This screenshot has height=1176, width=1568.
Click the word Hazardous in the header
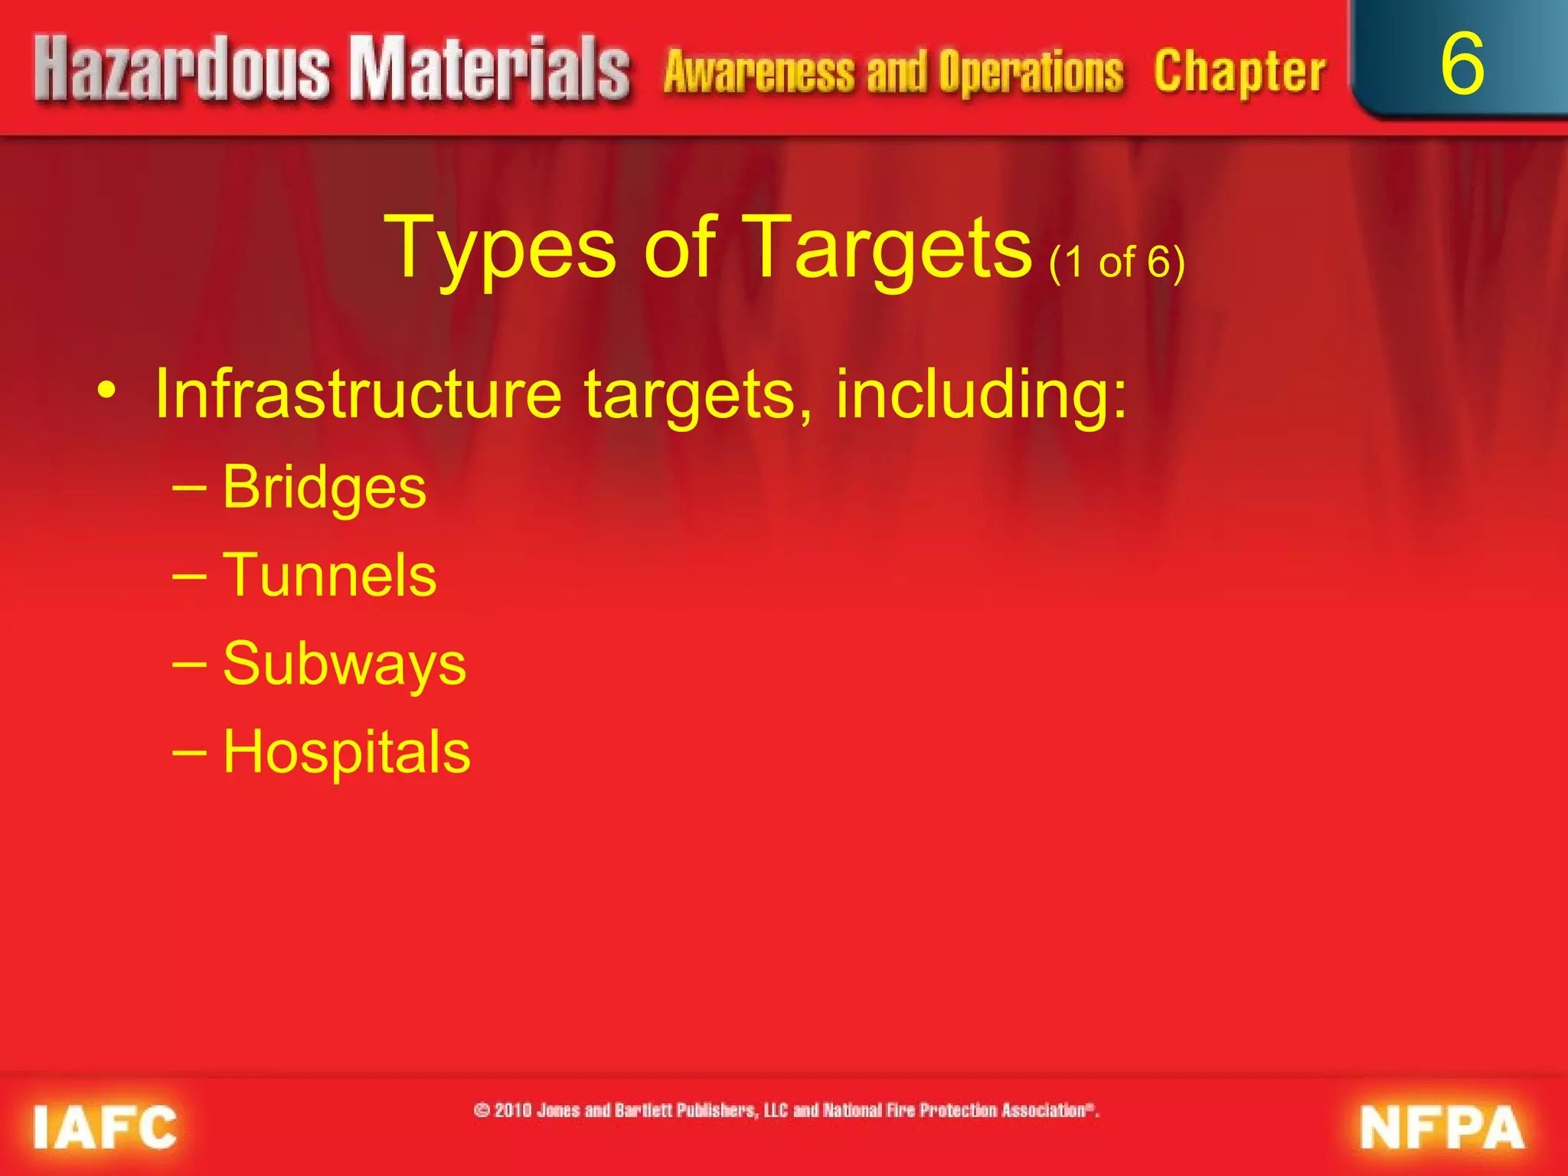click(x=181, y=70)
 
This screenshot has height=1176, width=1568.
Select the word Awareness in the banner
click(x=758, y=72)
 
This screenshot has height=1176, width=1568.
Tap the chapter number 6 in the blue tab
click(x=1462, y=64)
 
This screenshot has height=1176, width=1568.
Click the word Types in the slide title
click(x=502, y=250)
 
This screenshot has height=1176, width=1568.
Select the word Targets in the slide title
click(x=888, y=250)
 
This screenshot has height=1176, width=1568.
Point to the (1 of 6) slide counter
click(x=1117, y=262)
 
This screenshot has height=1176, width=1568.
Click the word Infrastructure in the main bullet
click(x=358, y=394)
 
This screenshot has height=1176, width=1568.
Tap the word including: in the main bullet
click(x=981, y=395)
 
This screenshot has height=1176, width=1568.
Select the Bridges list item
click(x=324, y=488)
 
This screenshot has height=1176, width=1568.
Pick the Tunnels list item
click(x=329, y=575)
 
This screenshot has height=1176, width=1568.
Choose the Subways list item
click(x=344, y=664)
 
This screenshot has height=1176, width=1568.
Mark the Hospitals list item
click(x=346, y=752)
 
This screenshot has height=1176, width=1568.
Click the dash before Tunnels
click(x=189, y=577)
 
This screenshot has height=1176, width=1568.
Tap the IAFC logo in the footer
click(x=105, y=1128)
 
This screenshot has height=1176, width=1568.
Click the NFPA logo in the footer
click(x=1441, y=1128)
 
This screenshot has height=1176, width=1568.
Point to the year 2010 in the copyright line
click(x=512, y=1110)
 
